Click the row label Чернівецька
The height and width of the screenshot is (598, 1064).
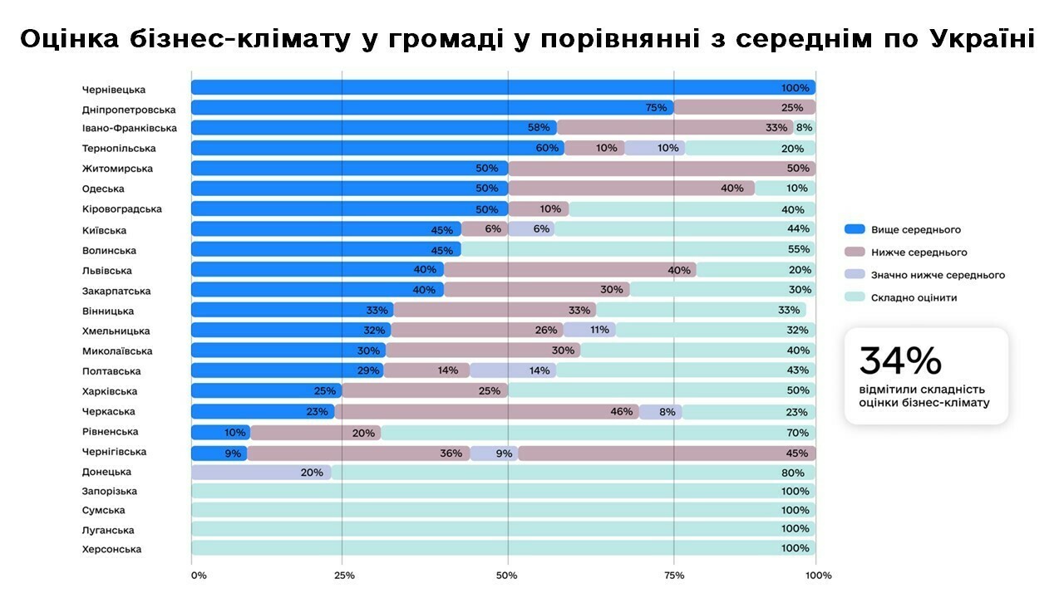(114, 89)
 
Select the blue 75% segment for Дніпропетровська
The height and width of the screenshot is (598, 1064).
(432, 107)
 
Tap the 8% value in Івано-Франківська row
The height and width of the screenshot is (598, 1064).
(804, 128)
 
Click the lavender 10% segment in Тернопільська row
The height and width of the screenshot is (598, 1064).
(655, 148)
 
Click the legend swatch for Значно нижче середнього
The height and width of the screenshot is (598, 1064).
(855, 275)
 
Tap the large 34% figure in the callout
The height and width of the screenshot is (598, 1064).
(900, 360)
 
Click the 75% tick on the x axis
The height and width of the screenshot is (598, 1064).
(674, 575)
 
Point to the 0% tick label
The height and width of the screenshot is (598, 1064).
(198, 575)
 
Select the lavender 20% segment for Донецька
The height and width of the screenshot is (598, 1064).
(261, 473)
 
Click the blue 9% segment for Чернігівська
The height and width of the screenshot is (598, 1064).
(219, 453)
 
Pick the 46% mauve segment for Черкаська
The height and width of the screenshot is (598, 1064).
(486, 412)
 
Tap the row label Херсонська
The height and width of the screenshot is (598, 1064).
(111, 549)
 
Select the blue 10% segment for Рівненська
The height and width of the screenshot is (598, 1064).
(220, 433)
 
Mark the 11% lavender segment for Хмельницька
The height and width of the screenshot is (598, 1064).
(589, 331)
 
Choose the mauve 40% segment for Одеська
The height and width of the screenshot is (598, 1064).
(632, 189)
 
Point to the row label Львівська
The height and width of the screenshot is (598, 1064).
(106, 271)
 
